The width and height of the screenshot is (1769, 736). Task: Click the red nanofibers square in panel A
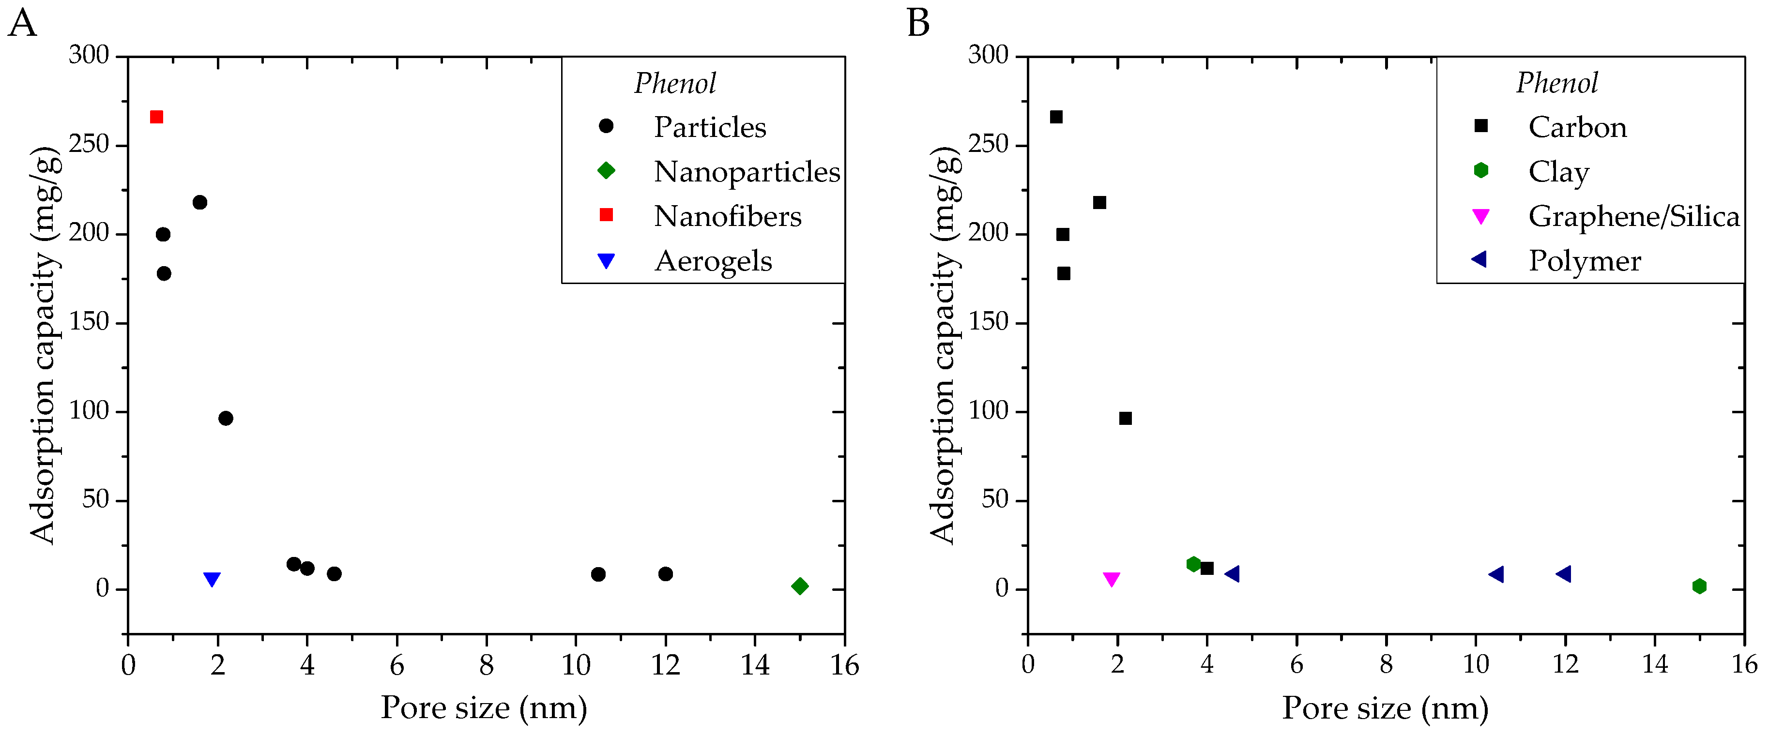pos(156,117)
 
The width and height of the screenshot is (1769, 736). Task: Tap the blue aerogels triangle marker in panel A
pos(212,579)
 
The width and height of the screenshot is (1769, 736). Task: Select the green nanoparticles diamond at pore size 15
pos(799,586)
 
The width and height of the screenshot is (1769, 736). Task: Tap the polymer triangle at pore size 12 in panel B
pos(1564,574)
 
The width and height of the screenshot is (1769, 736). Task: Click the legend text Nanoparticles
pos(747,172)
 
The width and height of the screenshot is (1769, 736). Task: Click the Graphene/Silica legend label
pos(1634,216)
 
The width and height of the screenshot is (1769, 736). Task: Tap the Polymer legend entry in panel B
pos(1584,261)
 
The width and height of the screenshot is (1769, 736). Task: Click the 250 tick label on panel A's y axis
pos(89,145)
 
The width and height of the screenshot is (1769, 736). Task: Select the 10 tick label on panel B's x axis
pos(1475,664)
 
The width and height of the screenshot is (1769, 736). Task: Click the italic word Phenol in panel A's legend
pos(675,83)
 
